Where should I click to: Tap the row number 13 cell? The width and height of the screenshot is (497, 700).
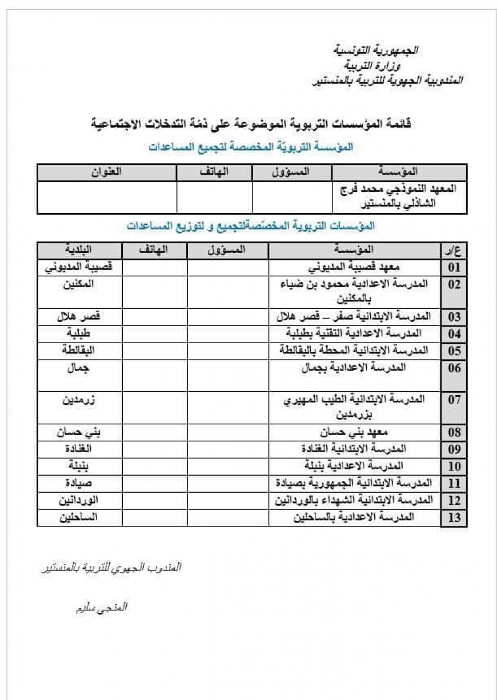[454, 518]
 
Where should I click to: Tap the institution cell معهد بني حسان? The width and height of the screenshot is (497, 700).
[354, 432]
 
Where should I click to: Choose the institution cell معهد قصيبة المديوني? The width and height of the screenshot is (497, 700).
[354, 267]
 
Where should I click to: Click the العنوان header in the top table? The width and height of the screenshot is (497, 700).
[106, 171]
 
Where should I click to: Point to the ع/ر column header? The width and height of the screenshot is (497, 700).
[454, 251]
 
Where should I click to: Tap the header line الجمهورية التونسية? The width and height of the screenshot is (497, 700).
[376, 50]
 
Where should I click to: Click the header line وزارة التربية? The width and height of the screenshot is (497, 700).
[376, 65]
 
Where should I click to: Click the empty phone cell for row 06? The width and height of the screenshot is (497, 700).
[154, 375]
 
